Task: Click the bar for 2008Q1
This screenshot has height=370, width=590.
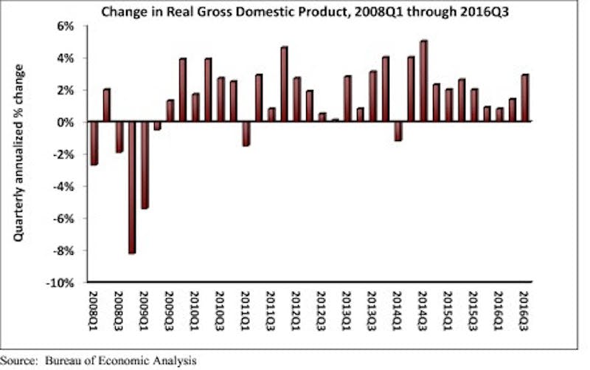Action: click(x=94, y=143)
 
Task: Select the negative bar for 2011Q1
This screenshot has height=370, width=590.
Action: click(x=246, y=134)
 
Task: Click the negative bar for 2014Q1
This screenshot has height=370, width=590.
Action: click(x=398, y=131)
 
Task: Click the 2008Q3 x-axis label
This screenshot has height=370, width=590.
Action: click(x=119, y=310)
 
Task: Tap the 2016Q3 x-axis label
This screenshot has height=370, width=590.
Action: click(x=524, y=310)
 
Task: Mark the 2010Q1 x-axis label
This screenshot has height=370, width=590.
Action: click(x=195, y=310)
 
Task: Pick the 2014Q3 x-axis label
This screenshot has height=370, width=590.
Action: click(x=423, y=310)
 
